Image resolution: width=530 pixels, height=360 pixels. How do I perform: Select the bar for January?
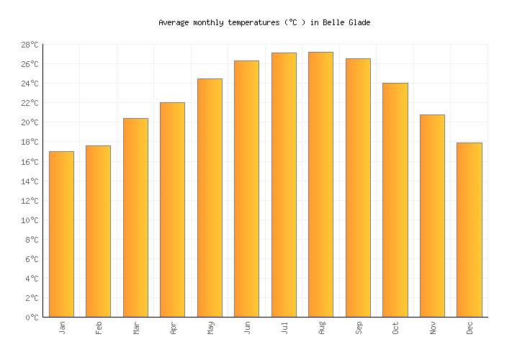point(61,234)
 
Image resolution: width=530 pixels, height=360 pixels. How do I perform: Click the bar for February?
point(98,231)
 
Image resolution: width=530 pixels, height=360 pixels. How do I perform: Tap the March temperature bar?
point(135,217)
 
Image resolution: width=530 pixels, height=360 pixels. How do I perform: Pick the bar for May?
point(210,198)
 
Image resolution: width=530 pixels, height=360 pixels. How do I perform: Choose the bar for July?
point(284,185)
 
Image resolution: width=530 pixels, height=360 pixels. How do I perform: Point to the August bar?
point(320,184)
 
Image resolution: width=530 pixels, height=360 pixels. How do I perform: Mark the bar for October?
point(395,200)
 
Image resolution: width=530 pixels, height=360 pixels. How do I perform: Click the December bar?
point(469,230)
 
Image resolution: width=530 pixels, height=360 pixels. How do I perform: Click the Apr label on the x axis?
point(173,328)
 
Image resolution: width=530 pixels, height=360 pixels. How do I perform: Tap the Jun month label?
point(247,328)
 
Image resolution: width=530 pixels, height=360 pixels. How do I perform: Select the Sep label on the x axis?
point(358,328)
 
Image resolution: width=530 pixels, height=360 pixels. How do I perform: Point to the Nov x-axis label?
point(432,328)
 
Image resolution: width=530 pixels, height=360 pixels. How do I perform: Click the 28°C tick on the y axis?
point(29,45)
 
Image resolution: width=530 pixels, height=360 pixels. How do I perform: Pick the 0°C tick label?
point(31,317)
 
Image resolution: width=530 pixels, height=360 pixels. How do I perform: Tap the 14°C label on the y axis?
point(29,181)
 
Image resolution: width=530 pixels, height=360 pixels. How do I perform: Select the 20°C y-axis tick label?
point(29,122)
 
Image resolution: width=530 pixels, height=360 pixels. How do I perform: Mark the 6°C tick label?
point(31,258)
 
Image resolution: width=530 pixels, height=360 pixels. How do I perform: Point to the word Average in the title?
point(174,23)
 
